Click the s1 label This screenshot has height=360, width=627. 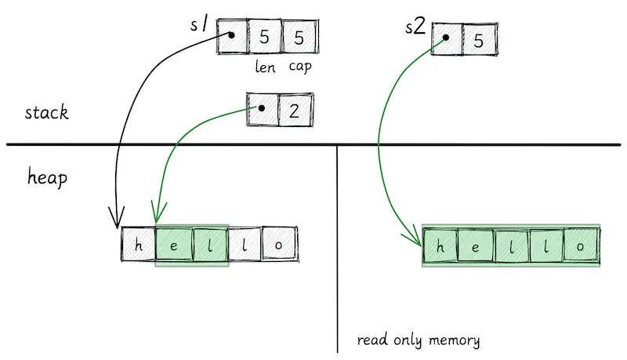click(x=199, y=24)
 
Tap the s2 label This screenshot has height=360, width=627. click(x=415, y=27)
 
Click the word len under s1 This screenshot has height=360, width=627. click(x=265, y=67)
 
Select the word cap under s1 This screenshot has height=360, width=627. click(x=300, y=67)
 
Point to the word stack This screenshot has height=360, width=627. click(x=46, y=112)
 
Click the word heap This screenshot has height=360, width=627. click(x=47, y=177)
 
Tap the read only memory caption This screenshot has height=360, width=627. click(x=419, y=340)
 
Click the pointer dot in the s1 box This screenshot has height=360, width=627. click(x=231, y=35)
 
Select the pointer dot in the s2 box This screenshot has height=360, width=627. click(x=445, y=38)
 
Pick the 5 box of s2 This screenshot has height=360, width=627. click(x=480, y=39)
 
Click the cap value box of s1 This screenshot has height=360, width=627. click(x=300, y=36)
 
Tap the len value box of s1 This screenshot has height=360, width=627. click(x=264, y=36)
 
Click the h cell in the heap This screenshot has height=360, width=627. click(x=139, y=244)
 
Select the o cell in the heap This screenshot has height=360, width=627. click(x=280, y=244)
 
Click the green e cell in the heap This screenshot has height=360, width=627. click(x=173, y=245)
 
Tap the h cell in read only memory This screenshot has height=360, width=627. click(x=440, y=246)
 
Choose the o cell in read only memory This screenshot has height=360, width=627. click(x=582, y=245)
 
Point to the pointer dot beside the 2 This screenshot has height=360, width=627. click(x=262, y=108)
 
